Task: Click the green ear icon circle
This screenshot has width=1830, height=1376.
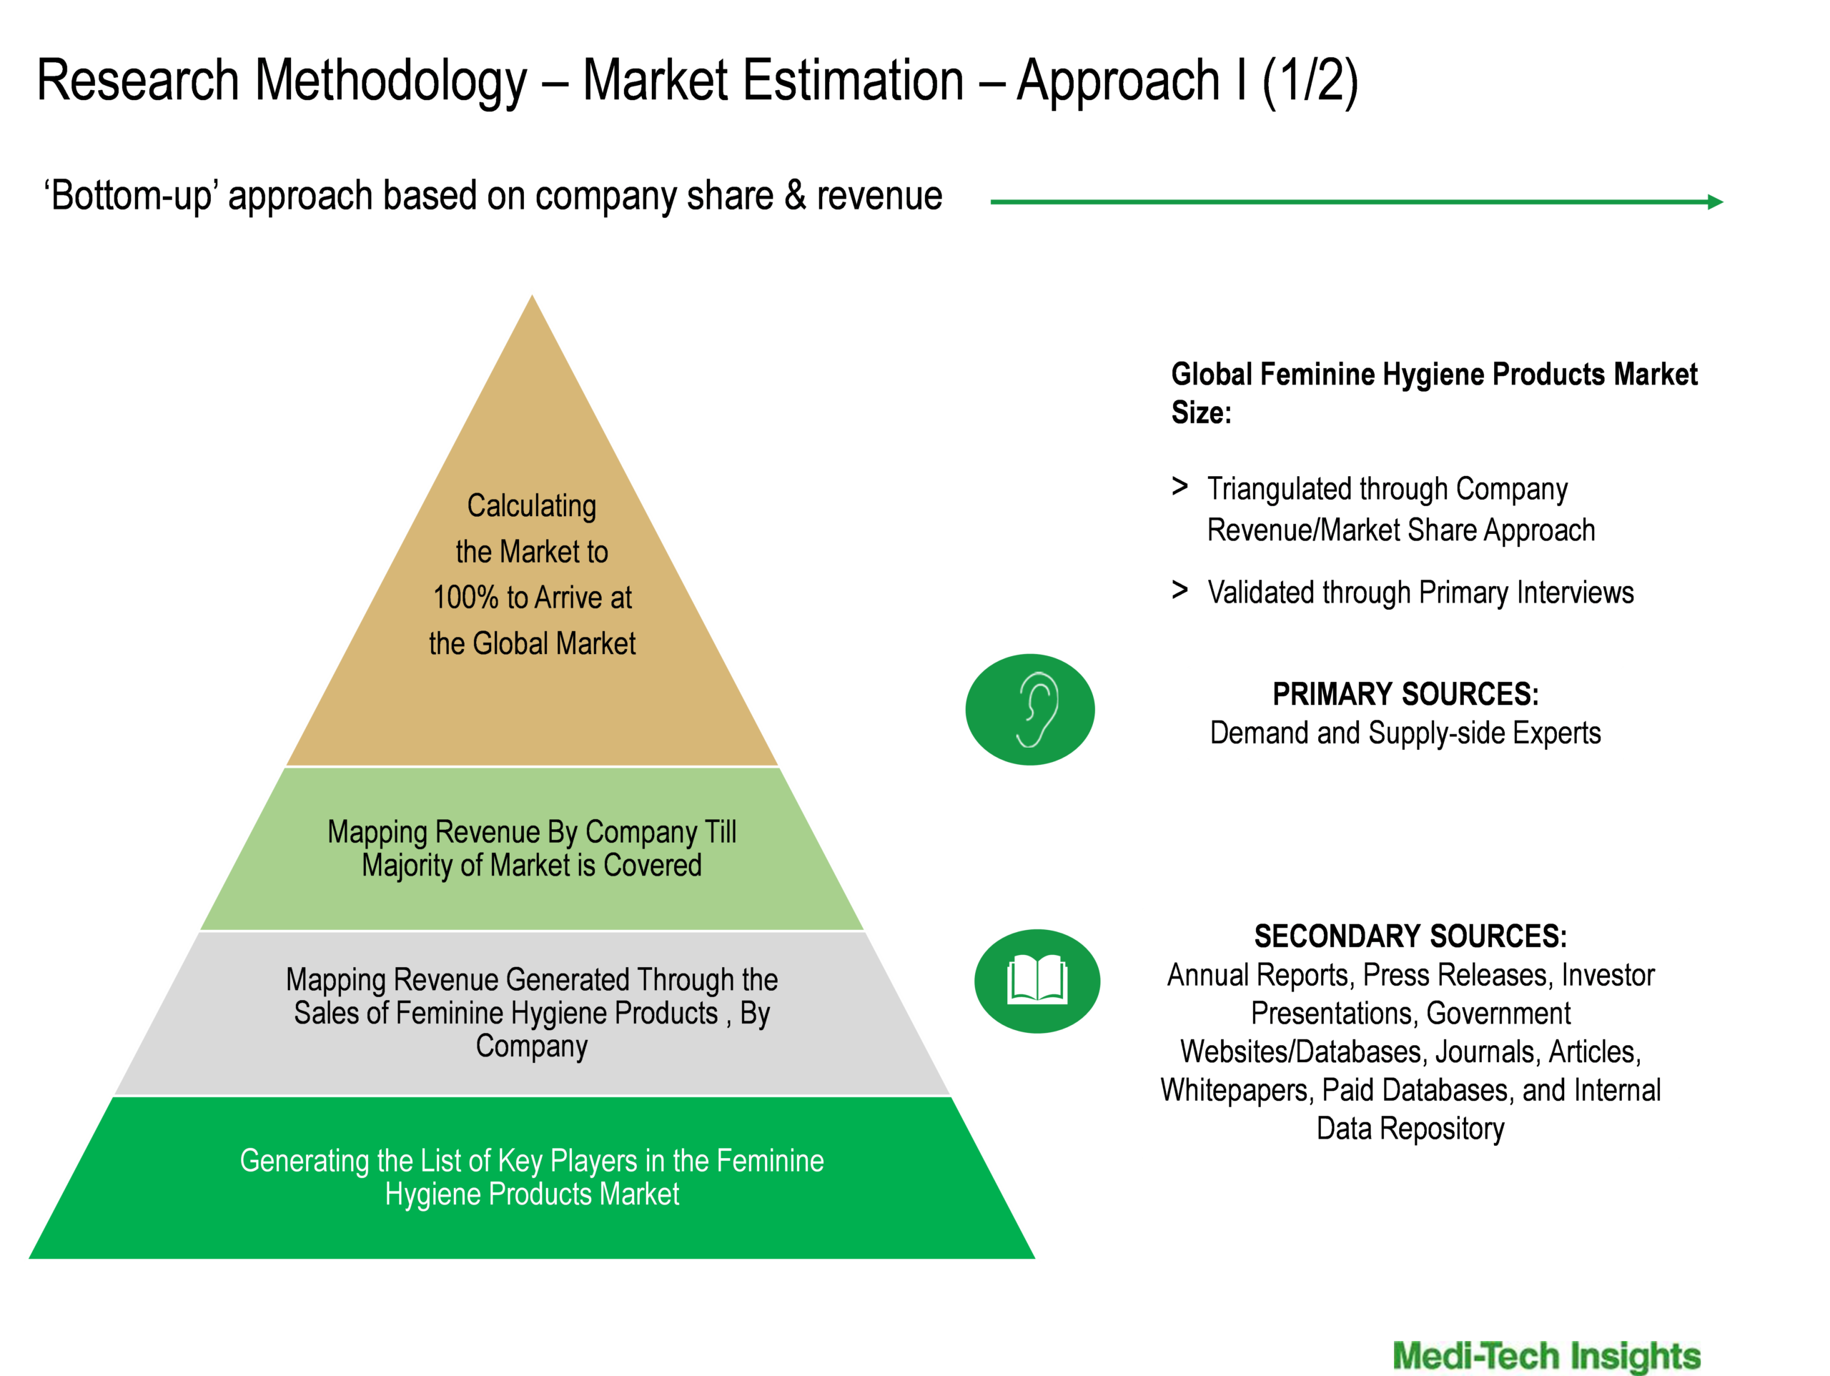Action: [x=1030, y=709]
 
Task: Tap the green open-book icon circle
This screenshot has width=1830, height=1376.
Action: [x=1037, y=981]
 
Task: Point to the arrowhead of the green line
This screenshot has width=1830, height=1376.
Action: [x=1716, y=202]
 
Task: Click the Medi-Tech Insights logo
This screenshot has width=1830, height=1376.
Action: [x=1546, y=1355]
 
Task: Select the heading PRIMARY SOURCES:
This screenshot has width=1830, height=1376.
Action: [x=1405, y=694]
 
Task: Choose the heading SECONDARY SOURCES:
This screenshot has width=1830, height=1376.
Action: [x=1410, y=936]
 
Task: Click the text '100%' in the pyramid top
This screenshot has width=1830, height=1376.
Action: [x=466, y=598]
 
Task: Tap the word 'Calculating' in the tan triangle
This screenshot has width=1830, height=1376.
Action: [x=532, y=505]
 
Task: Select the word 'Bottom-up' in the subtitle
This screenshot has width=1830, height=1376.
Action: [x=133, y=196]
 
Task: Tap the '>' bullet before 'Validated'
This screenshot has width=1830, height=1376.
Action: [x=1179, y=590]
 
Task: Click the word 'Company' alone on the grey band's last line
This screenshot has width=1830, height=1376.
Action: [x=532, y=1046]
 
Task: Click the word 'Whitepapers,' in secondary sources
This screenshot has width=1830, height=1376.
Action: [x=1237, y=1092]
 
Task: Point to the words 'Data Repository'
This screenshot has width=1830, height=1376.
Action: [x=1410, y=1129]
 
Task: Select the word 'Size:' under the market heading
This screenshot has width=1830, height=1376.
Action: [x=1201, y=412]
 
